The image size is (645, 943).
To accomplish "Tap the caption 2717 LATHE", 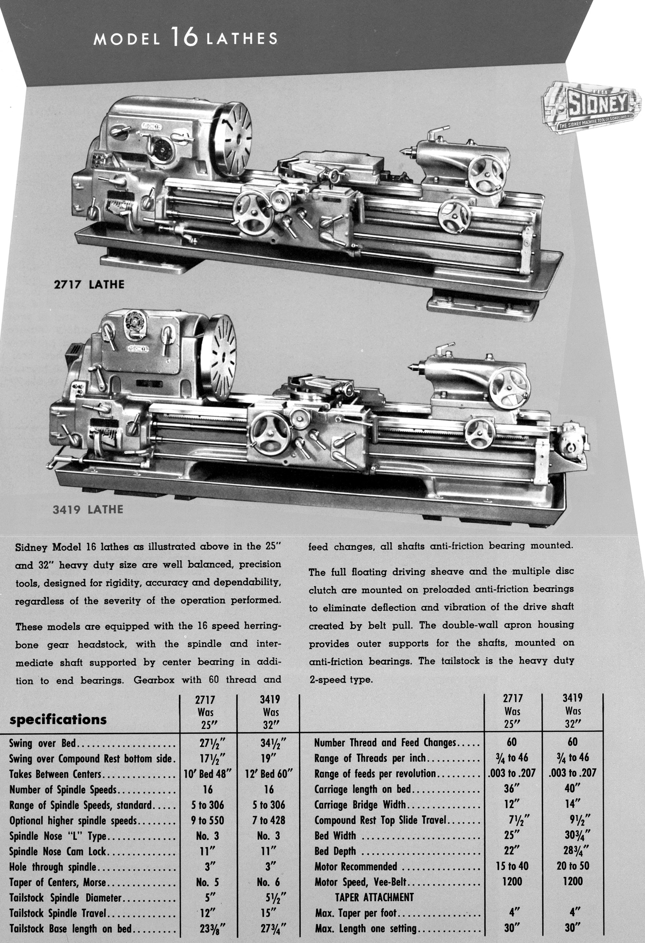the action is coord(89,284).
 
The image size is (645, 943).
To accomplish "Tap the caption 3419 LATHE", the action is coord(88,510).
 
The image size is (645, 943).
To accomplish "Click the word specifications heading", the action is coord(58,720).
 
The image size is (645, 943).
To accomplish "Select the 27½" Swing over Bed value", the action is coord(209,744).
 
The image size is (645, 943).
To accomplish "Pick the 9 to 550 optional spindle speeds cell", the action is coord(208,820).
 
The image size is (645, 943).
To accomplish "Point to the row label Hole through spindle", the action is coord(53,867).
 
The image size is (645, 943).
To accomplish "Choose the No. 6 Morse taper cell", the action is coord(269,882).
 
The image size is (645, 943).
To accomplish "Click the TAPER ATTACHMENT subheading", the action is coord(375,897).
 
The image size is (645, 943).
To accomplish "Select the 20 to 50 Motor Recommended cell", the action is coord(573,866).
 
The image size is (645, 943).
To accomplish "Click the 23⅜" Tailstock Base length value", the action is coord(209,928).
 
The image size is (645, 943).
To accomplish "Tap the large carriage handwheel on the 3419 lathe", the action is coord(271,434).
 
